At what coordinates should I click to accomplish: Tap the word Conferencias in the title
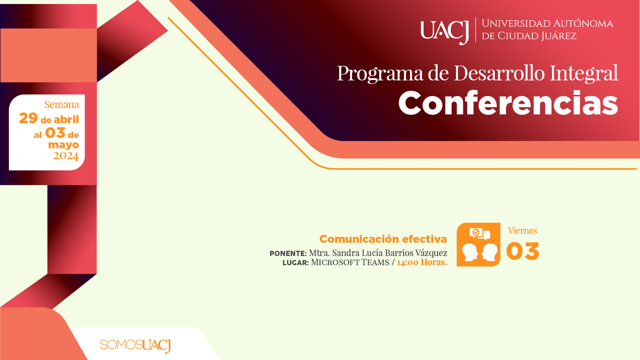click(508, 103)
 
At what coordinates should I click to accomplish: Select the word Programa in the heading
click(380, 74)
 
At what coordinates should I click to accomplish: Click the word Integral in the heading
click(584, 74)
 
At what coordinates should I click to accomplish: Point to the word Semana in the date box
click(62, 104)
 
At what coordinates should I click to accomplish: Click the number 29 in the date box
click(28, 118)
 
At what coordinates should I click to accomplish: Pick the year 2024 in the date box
click(66, 156)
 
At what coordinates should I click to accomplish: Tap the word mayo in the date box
click(64, 145)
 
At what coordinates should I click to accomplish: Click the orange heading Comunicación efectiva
click(383, 239)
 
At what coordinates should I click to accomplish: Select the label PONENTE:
click(288, 254)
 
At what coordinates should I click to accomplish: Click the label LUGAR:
click(296, 262)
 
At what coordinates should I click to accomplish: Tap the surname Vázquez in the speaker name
click(431, 253)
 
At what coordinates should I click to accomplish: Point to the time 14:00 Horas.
click(422, 262)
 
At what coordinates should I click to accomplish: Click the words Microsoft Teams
click(350, 262)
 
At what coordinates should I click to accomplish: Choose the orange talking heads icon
click(478, 244)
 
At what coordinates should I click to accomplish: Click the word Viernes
click(522, 230)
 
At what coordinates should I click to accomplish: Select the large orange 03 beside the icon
click(522, 251)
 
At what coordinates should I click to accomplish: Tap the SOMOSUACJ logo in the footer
click(136, 346)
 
